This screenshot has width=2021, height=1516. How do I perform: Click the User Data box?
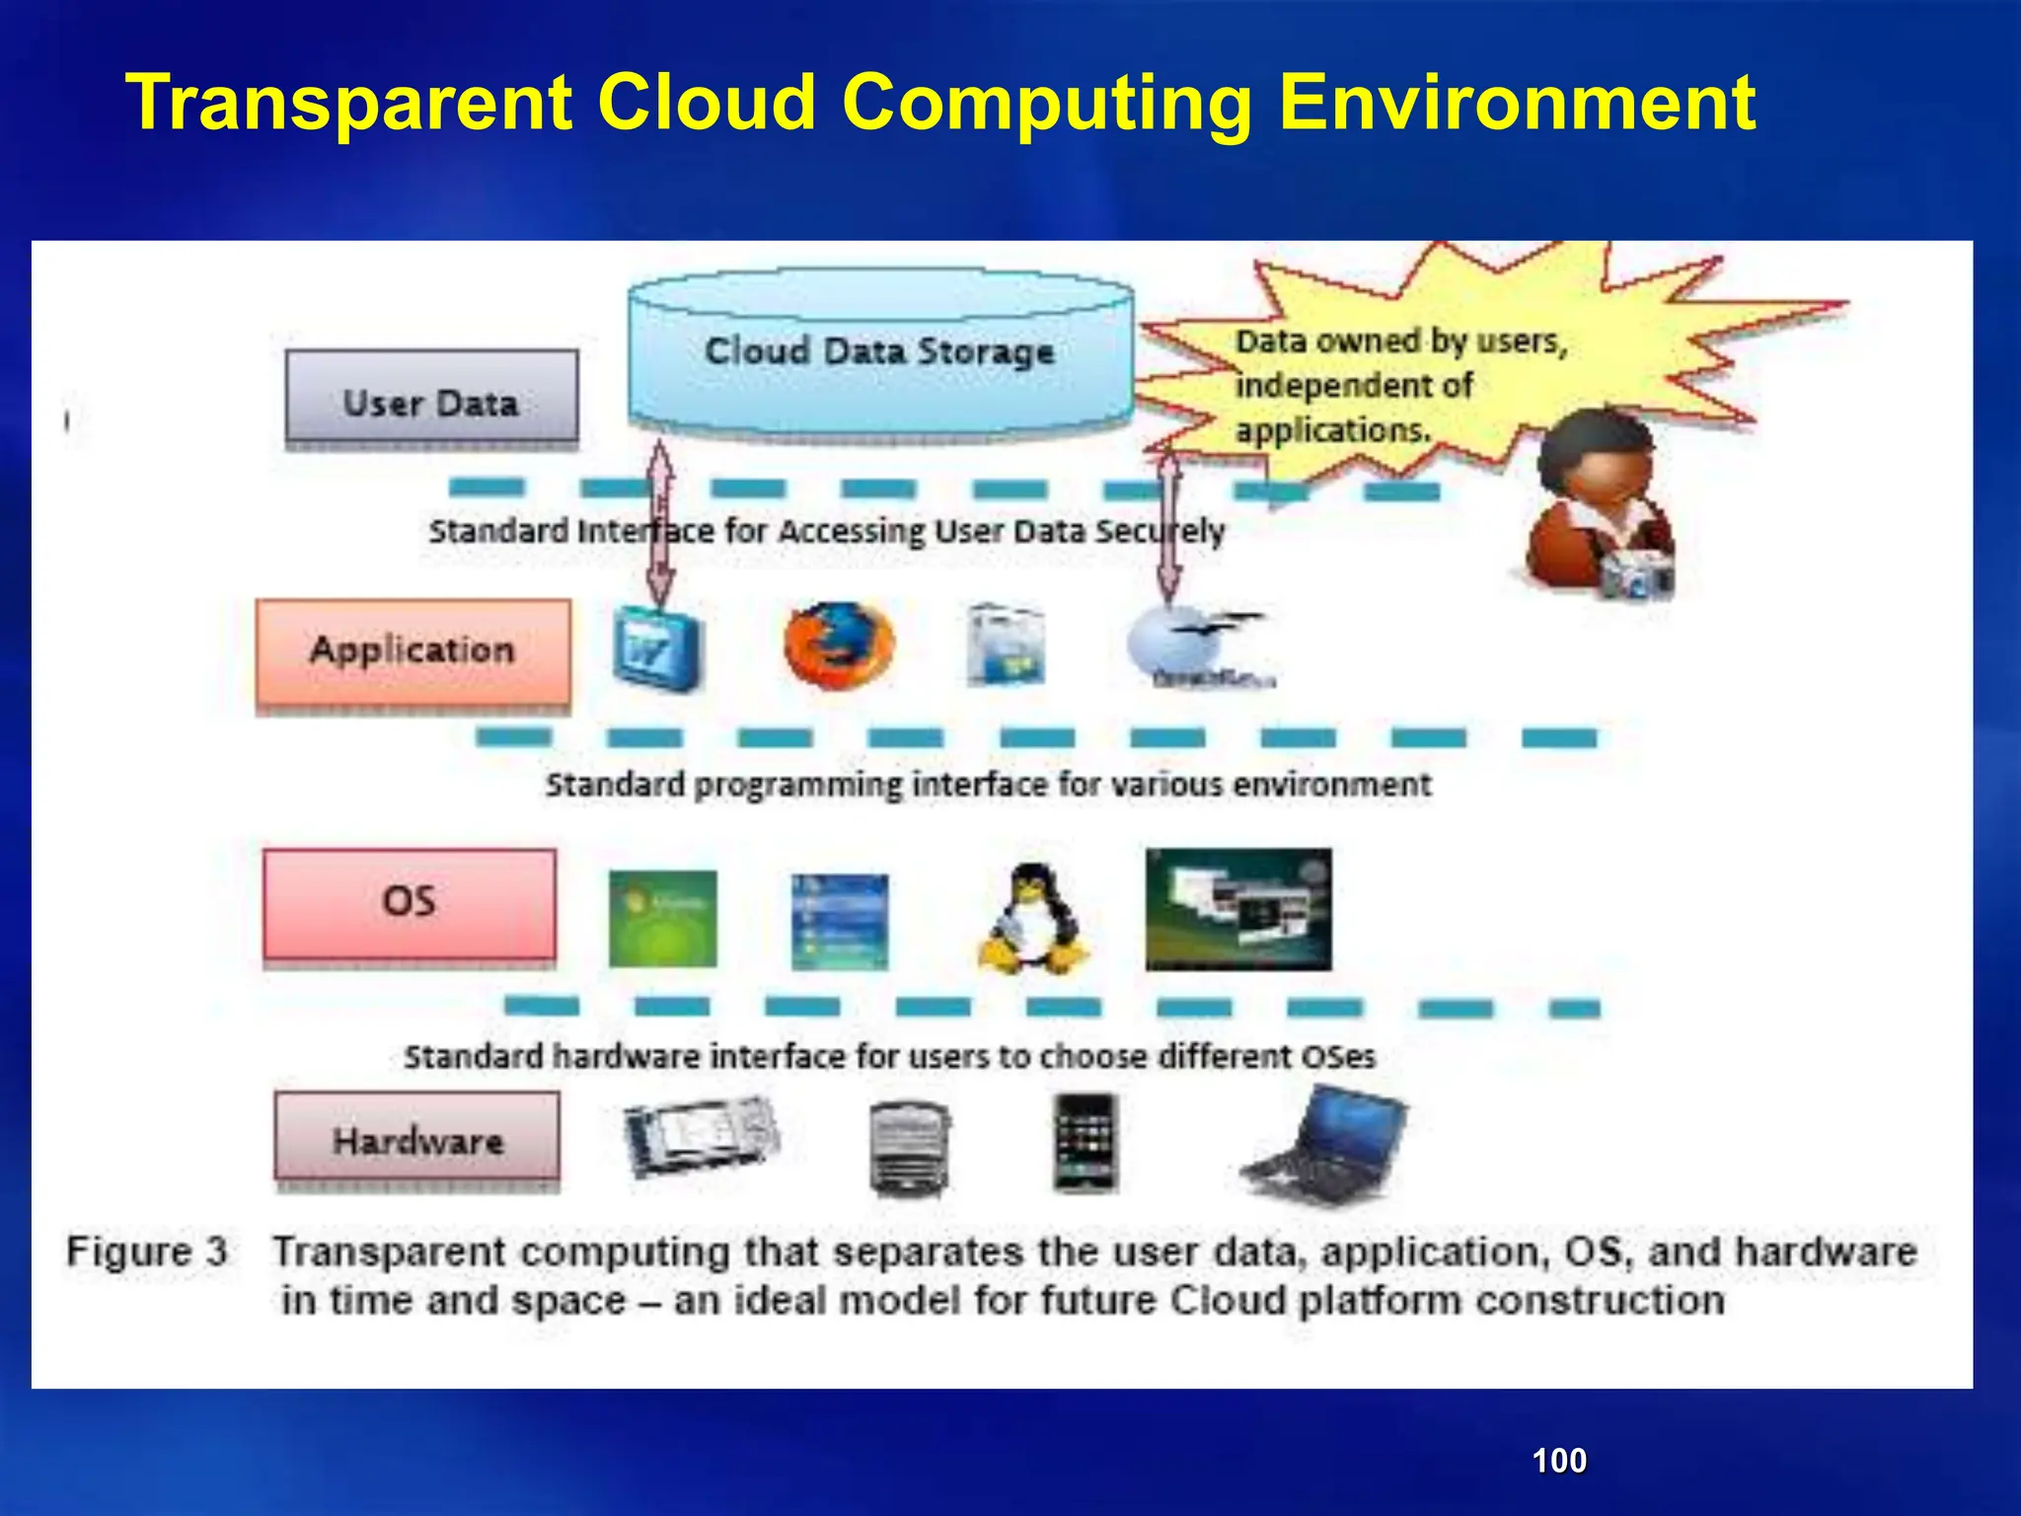pyautogui.click(x=431, y=397)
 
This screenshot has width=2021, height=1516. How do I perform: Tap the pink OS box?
pyautogui.click(x=410, y=903)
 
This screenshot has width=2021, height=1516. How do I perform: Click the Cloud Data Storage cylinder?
pyautogui.click(x=879, y=355)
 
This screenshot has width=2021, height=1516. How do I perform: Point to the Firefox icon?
pyautogui.click(x=839, y=646)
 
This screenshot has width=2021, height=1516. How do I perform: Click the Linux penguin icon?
pyautogui.click(x=1033, y=920)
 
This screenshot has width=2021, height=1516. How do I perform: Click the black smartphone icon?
pyautogui.click(x=1085, y=1142)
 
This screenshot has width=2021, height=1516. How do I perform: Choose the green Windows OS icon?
pyautogui.click(x=662, y=919)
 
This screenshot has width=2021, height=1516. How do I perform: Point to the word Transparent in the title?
pyautogui.click(x=350, y=104)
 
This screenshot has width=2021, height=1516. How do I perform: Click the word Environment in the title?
pyautogui.click(x=1517, y=104)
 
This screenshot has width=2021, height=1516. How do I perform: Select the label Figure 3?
pyautogui.click(x=147, y=1251)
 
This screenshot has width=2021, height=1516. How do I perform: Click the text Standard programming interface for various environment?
pyautogui.click(x=987, y=785)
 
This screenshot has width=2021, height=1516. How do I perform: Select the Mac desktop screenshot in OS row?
pyautogui.click(x=1237, y=909)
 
